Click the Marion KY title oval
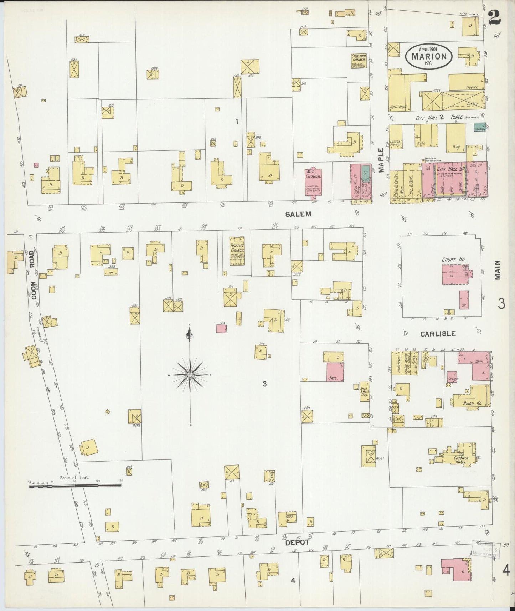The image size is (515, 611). [429, 56]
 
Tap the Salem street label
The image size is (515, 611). [298, 214]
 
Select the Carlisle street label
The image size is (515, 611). [438, 334]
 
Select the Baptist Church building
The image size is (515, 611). [237, 251]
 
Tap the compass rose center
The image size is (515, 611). [190, 375]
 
